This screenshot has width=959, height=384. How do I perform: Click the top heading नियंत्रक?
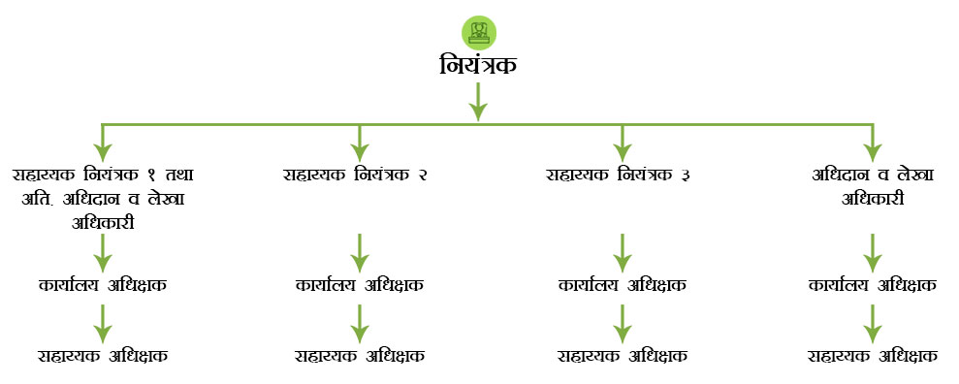click(x=477, y=67)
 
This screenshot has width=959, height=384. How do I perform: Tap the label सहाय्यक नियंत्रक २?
click(x=356, y=176)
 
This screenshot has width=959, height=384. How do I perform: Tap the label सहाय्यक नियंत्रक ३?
click(x=618, y=176)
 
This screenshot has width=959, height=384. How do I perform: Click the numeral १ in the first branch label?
click(x=150, y=176)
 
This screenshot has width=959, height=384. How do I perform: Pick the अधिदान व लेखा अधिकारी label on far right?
click(x=872, y=187)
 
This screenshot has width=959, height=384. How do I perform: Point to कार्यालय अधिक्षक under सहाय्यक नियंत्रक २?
click(x=359, y=286)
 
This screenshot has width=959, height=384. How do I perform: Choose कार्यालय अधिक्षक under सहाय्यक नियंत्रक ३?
click(x=622, y=286)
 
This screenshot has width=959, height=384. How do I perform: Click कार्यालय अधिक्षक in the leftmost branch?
click(x=103, y=286)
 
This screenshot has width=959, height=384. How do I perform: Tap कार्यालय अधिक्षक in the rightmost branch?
click(x=872, y=286)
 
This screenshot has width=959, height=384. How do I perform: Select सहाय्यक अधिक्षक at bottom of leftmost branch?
click(x=103, y=355)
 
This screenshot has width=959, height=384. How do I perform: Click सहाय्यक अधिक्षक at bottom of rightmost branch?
click(x=872, y=355)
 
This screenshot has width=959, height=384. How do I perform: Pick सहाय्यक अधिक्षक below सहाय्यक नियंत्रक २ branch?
click(x=359, y=355)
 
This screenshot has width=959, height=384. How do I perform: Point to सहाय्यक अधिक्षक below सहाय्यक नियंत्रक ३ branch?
click(x=622, y=355)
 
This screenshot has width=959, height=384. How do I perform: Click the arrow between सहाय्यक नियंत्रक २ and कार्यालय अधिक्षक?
click(x=359, y=252)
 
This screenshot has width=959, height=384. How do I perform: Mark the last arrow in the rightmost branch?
click(x=872, y=322)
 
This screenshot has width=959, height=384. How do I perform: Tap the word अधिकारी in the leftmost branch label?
click(x=103, y=222)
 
